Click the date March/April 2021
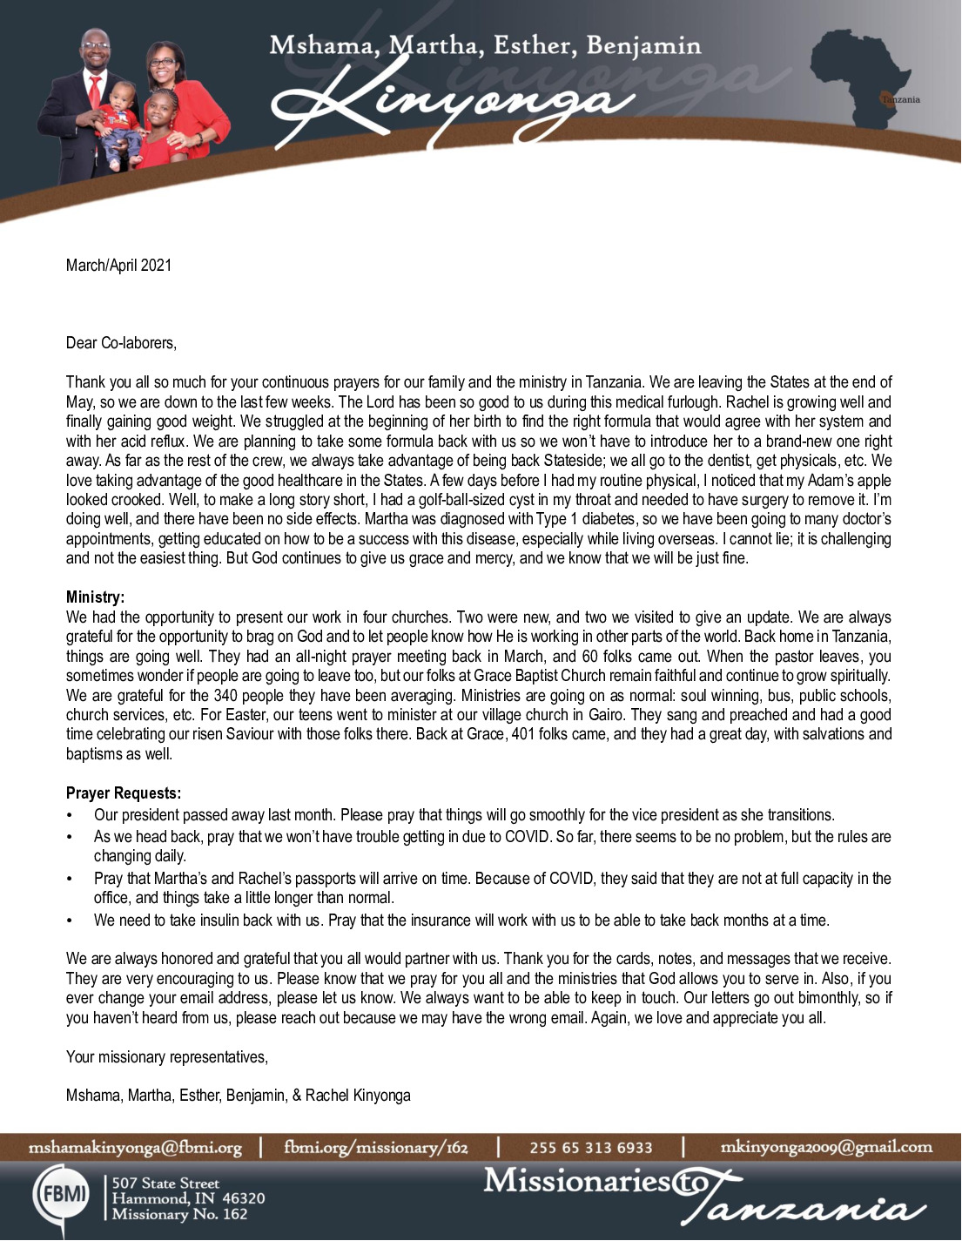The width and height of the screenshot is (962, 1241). (118, 265)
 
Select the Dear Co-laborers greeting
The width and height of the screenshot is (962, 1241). (121, 342)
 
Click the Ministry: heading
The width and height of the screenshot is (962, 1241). (95, 597)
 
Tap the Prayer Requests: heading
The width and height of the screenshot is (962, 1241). (124, 793)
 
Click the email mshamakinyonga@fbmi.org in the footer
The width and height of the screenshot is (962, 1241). (135, 1147)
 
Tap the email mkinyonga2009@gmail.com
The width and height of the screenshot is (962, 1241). (825, 1147)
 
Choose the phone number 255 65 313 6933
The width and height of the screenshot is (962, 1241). (590, 1148)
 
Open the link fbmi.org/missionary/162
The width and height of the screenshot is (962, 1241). (375, 1147)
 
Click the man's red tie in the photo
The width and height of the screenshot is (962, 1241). (95, 91)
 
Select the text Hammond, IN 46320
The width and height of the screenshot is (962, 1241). (188, 1198)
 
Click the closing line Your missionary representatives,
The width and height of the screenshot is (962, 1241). (167, 1057)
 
